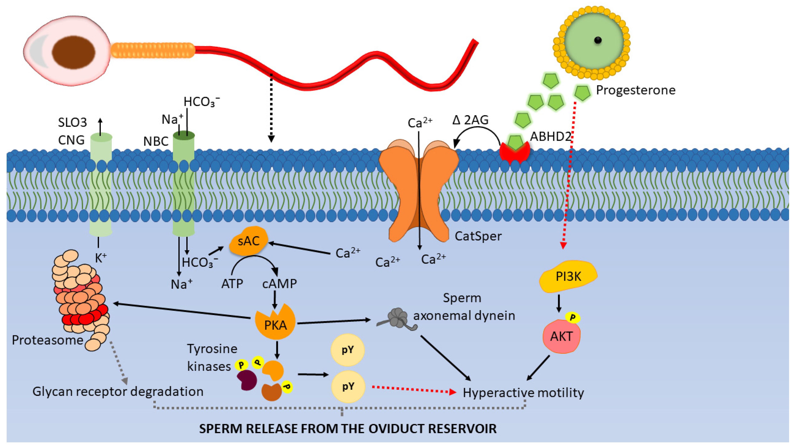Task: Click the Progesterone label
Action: [635, 90]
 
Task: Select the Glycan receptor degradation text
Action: [118, 391]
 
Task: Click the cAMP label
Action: [279, 283]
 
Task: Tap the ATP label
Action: [232, 283]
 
